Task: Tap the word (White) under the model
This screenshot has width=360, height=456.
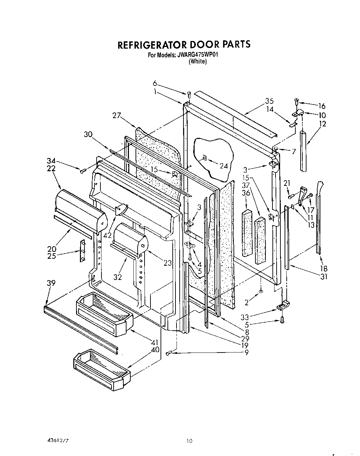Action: pyautogui.click(x=197, y=61)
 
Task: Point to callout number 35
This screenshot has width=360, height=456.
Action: pyautogui.click(x=269, y=101)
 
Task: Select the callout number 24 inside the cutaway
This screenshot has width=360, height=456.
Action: pyautogui.click(x=224, y=166)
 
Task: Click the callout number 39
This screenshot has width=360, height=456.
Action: pyautogui.click(x=51, y=283)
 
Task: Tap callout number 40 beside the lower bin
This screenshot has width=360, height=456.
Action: pyautogui.click(x=155, y=349)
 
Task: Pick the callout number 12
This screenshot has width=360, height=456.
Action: pyautogui.click(x=323, y=123)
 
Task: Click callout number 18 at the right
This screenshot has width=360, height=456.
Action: pyautogui.click(x=324, y=268)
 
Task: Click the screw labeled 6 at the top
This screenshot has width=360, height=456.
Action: pyautogui.click(x=189, y=94)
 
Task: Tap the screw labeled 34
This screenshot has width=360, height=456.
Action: pyautogui.click(x=83, y=171)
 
